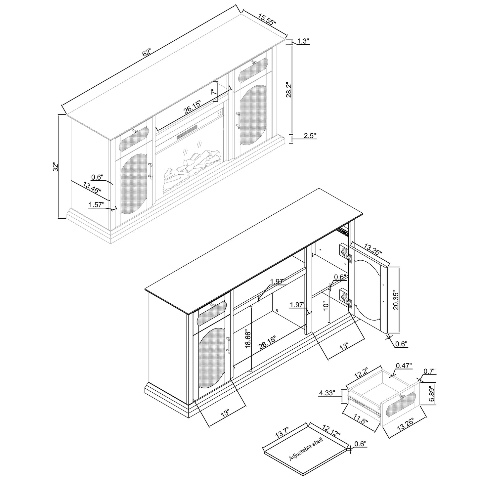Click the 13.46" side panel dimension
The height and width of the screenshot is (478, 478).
pyautogui.click(x=92, y=187)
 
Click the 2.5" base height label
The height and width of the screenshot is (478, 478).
pyautogui.click(x=310, y=135)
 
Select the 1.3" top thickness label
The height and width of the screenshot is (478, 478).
pyautogui.click(x=303, y=41)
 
